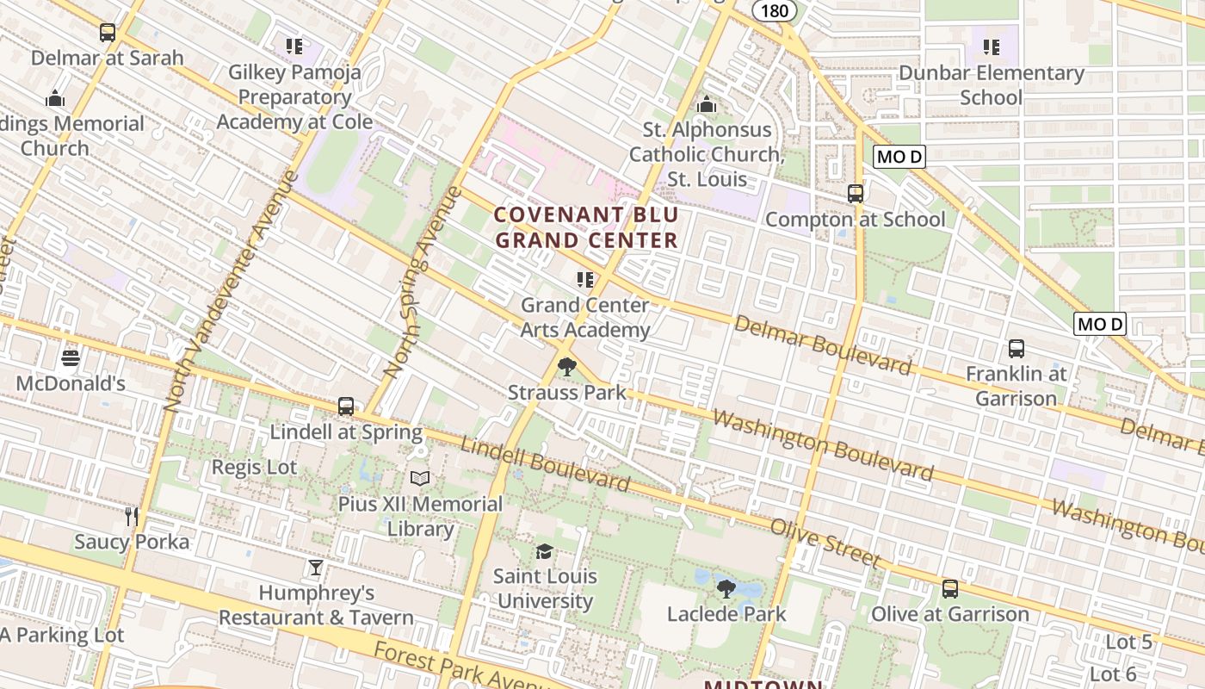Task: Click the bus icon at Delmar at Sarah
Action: click(107, 33)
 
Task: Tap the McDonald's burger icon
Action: click(71, 357)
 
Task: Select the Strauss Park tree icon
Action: click(566, 368)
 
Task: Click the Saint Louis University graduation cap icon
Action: click(544, 551)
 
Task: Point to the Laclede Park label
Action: click(726, 614)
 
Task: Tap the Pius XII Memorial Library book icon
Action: click(420, 478)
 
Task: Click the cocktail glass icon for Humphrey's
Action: click(316, 568)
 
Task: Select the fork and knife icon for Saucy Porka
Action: click(132, 516)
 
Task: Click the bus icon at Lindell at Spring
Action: click(346, 406)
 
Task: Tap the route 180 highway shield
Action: click(774, 10)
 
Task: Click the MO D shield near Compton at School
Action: click(899, 157)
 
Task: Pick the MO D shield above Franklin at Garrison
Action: click(1100, 324)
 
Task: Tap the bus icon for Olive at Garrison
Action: click(949, 588)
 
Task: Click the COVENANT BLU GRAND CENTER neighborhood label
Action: click(587, 227)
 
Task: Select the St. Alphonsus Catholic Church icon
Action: click(707, 104)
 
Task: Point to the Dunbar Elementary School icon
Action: click(992, 47)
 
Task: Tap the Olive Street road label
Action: click(825, 543)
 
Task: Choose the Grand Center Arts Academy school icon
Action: click(585, 279)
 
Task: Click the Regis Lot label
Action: click(254, 468)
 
